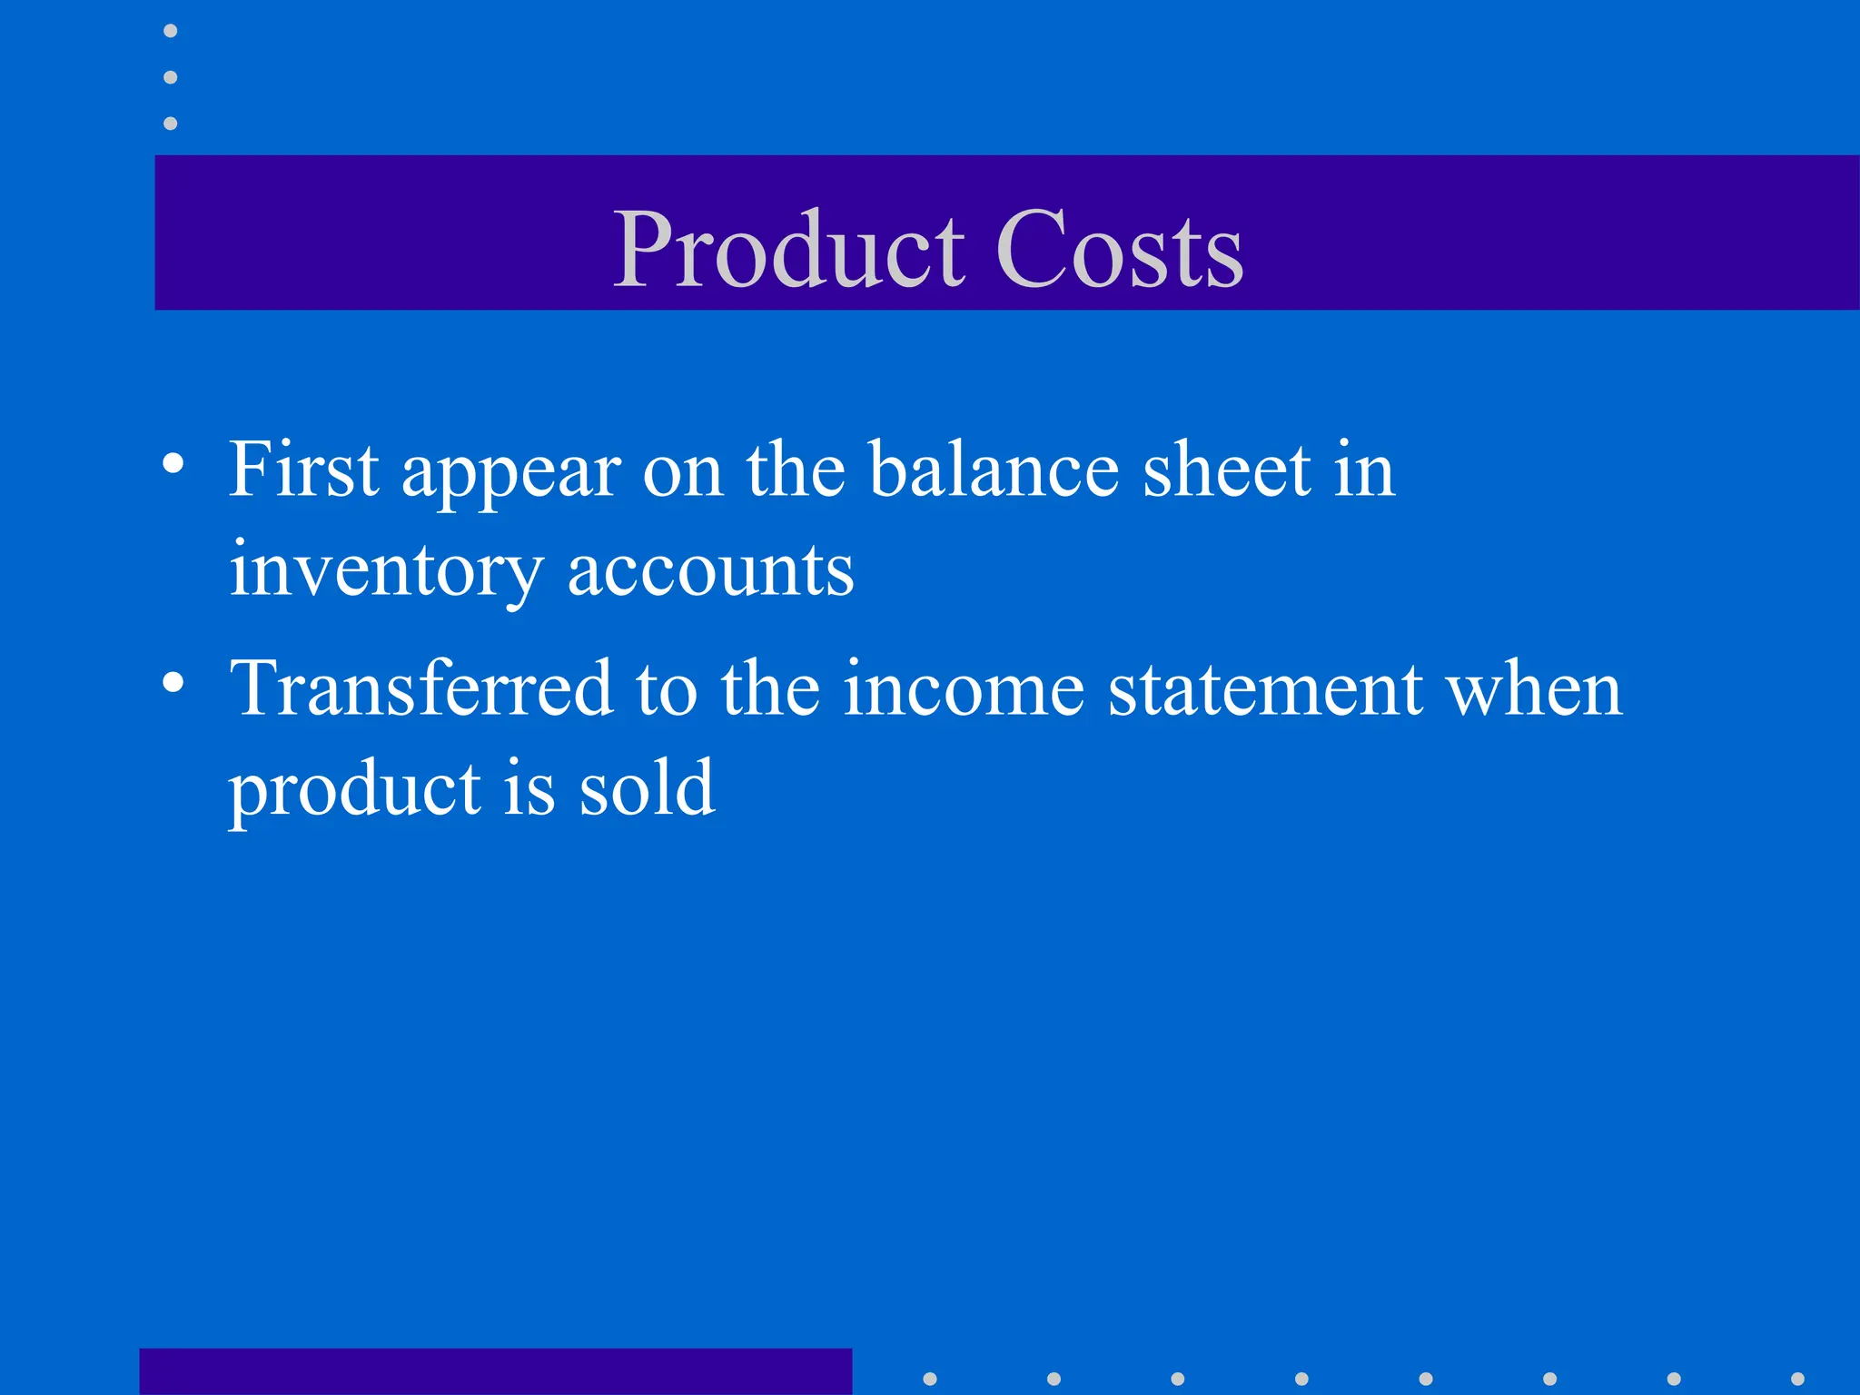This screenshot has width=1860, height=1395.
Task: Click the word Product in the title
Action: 788,251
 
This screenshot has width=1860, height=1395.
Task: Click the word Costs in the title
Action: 1119,251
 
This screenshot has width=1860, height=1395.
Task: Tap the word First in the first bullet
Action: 303,470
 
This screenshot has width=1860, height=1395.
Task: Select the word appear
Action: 511,475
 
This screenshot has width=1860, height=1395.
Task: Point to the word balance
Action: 994,470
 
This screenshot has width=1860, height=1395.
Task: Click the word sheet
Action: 1226,470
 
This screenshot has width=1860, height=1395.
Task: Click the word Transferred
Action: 420,688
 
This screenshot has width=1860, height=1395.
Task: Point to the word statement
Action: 1265,688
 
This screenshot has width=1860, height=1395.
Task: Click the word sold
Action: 647,787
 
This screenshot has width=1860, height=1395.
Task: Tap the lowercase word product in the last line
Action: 354,790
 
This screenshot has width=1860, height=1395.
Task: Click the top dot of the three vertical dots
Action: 170,31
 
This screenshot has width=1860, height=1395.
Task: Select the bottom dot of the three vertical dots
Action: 170,123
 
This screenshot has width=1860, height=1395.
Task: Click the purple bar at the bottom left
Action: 495,1371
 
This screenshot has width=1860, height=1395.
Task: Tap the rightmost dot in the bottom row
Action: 1797,1379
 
